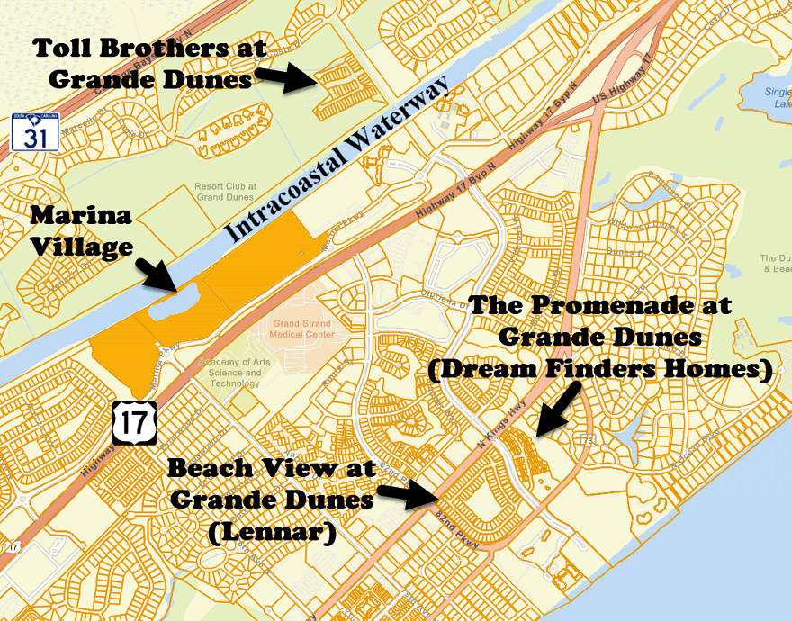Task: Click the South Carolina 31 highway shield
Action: (35, 132)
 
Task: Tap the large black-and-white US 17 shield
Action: (136, 423)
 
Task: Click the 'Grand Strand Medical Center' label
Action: (301, 328)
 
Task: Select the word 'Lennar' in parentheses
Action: (272, 534)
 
